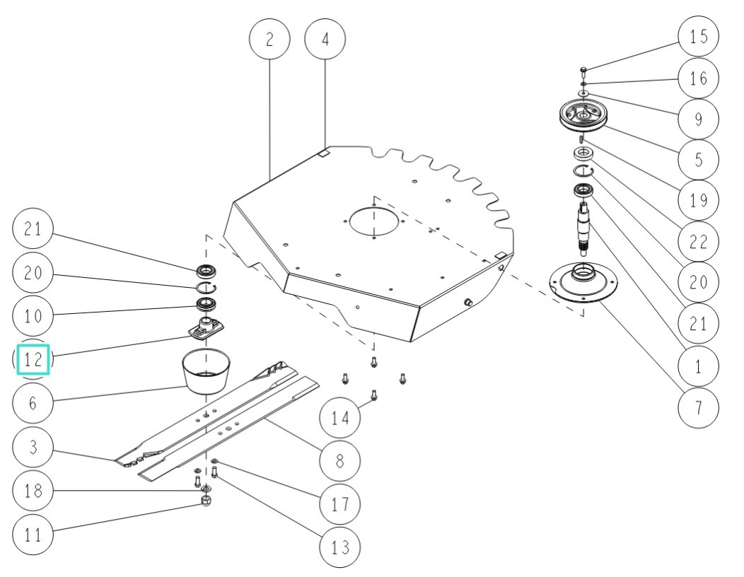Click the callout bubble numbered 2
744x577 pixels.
point(269,40)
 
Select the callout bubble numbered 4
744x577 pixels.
point(325,40)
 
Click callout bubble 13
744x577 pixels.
point(339,547)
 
